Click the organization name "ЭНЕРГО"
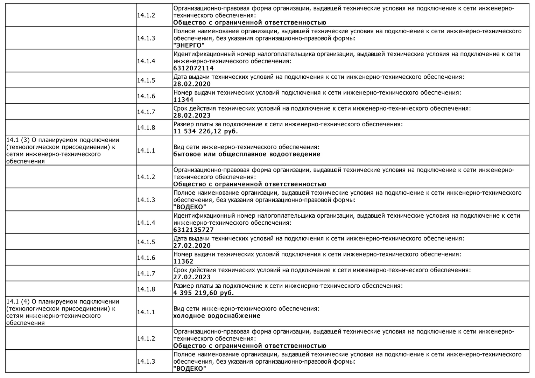tap(189, 45)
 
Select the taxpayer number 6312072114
tap(193, 68)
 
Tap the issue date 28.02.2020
tap(192, 84)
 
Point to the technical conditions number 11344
tap(183, 100)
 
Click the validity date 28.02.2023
tap(192, 115)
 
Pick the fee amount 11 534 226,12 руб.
tap(206, 131)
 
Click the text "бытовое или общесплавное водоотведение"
tap(247, 154)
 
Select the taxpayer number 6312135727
tap(193, 230)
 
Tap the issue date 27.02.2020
tap(192, 246)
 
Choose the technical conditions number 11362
tap(183, 261)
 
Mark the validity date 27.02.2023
tap(192, 277)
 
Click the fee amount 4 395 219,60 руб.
tap(204, 293)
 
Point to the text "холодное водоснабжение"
tap(217, 316)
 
